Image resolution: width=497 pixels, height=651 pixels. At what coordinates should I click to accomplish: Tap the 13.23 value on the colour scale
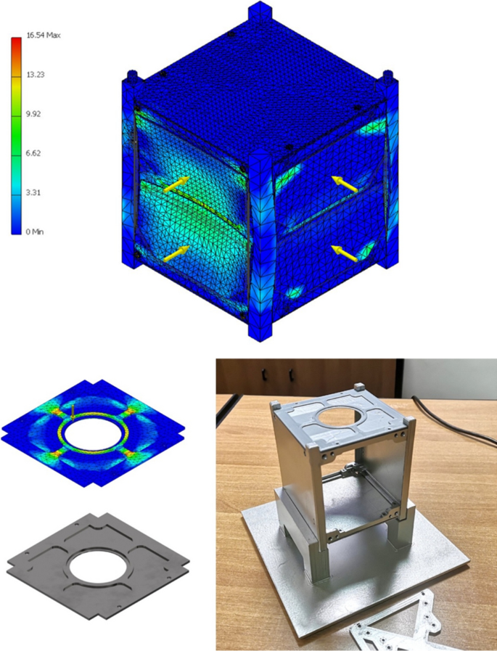[x=35, y=74]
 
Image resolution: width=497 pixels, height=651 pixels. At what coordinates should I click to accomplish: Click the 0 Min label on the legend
[x=33, y=232]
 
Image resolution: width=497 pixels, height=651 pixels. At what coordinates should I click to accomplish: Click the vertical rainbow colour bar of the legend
[x=16, y=134]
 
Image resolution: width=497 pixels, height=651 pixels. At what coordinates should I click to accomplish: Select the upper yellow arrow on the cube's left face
[x=176, y=184]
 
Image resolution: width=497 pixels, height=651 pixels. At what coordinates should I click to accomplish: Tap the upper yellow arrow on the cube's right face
[x=345, y=184]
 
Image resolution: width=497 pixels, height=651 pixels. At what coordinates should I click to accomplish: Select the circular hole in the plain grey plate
[x=96, y=566]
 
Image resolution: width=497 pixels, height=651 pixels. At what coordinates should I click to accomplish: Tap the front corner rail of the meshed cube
[x=259, y=247]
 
